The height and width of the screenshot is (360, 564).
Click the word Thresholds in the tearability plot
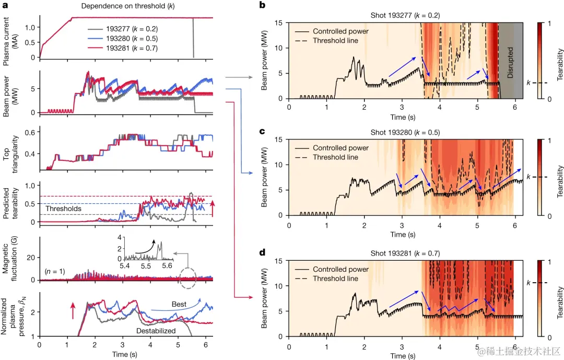[x=63, y=208]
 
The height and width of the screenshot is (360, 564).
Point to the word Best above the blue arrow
[x=179, y=304]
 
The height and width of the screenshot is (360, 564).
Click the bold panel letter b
[x=262, y=5]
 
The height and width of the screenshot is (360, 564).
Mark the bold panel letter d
[x=262, y=252]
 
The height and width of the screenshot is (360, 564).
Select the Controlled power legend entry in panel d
[x=340, y=269]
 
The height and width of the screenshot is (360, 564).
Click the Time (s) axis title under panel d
[x=402, y=356]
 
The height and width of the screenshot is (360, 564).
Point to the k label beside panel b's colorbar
[x=529, y=83]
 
